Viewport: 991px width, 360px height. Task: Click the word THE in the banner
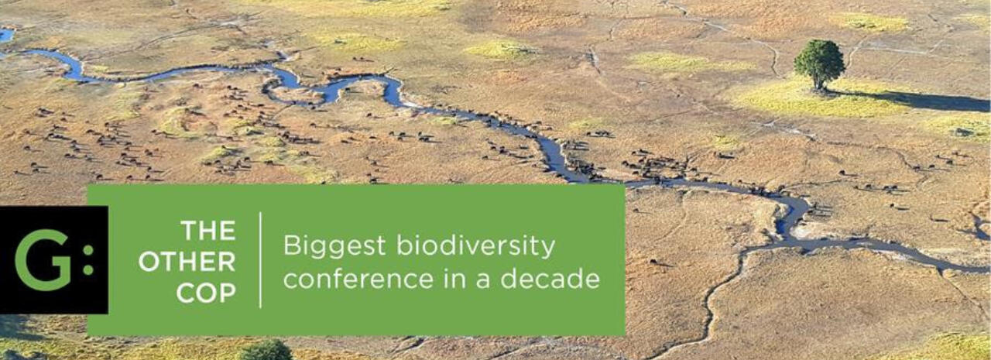[x=208, y=231]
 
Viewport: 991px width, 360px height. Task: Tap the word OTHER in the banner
[x=187, y=262]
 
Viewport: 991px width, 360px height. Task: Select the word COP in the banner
[x=207, y=293]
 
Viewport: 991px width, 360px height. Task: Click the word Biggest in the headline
[x=334, y=247]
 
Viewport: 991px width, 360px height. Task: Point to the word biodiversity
[x=475, y=246]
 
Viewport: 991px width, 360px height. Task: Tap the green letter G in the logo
[x=43, y=260]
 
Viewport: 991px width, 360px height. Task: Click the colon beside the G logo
[x=88, y=260]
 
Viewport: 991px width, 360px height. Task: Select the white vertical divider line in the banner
[x=260, y=260]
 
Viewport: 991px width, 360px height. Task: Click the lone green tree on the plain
[x=820, y=64]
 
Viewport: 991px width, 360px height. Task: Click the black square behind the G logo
[x=54, y=260]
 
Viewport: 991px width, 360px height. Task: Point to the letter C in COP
[x=187, y=293]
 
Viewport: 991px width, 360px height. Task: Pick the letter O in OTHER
[x=149, y=262]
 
